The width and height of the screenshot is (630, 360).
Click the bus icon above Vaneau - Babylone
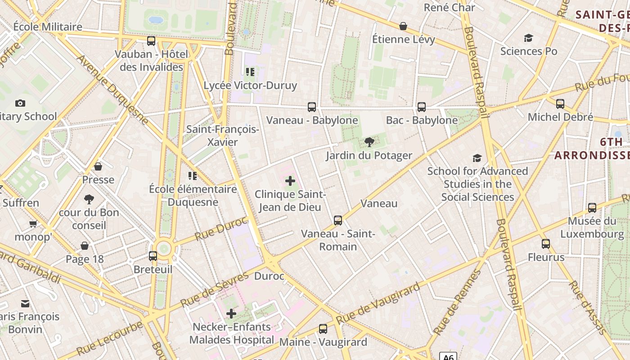coord(311,107)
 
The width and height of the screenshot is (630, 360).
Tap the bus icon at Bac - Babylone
coord(421,107)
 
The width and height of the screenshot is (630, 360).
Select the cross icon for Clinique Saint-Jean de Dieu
coord(290,181)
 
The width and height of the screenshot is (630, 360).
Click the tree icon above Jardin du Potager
coord(369,143)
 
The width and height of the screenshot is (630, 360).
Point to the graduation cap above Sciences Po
coord(528,38)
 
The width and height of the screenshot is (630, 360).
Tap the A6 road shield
coord(448,356)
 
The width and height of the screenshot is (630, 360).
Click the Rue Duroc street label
coord(221,229)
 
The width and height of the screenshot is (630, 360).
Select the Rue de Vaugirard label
coord(378,303)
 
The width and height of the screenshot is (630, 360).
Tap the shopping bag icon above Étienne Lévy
coord(403,27)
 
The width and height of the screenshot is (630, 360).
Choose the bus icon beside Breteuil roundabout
coord(153,256)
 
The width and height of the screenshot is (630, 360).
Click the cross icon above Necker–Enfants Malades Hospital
coord(231,314)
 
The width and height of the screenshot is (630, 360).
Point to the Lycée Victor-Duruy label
coord(251,85)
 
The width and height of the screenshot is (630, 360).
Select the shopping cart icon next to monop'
coord(33,224)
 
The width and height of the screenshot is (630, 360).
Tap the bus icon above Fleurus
coord(545,244)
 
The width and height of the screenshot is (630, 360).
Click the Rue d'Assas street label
coord(588,307)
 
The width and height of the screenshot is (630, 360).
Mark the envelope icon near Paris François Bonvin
coord(25,304)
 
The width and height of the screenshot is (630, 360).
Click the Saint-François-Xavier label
coord(223,135)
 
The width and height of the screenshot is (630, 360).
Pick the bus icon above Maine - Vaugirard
coord(323,329)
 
